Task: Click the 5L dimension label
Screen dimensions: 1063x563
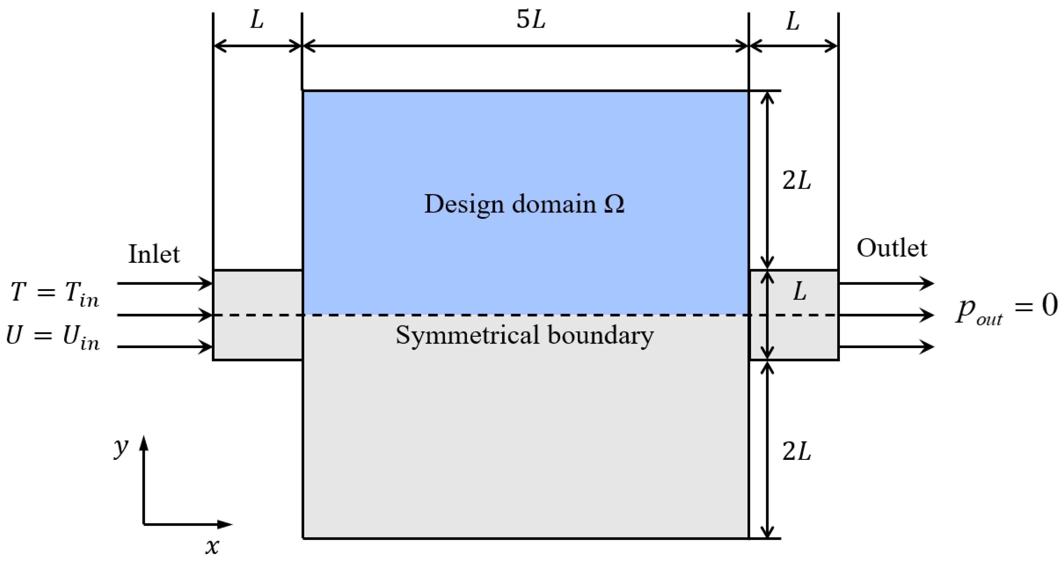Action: pyautogui.click(x=531, y=20)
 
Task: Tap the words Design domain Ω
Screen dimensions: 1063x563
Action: pyautogui.click(x=524, y=204)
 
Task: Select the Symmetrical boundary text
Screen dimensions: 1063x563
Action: pyautogui.click(x=525, y=335)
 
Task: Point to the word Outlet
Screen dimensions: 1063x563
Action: pyautogui.click(x=892, y=249)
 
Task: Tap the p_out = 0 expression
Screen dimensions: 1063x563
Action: pyautogui.click(x=1007, y=308)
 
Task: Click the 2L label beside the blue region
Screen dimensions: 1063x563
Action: pyautogui.click(x=797, y=181)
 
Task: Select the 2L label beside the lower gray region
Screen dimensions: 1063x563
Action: pyautogui.click(x=797, y=452)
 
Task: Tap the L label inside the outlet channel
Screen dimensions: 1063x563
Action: pyautogui.click(x=800, y=292)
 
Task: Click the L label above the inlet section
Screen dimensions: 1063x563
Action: pyautogui.click(x=257, y=20)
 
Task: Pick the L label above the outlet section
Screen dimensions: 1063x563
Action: pyautogui.click(x=793, y=21)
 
